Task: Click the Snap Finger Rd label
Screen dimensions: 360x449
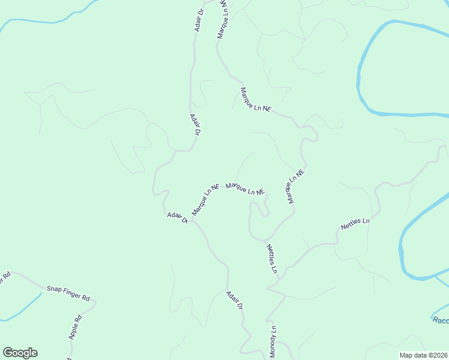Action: pyautogui.click(x=68, y=293)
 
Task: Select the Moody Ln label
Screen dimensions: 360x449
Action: pyautogui.click(x=273, y=344)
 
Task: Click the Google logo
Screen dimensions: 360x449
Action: pyautogui.click(x=20, y=353)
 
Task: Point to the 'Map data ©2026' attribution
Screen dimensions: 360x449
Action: pyautogui.click(x=424, y=355)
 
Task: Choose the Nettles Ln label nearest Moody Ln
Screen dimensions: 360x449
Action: pyautogui.click(x=272, y=259)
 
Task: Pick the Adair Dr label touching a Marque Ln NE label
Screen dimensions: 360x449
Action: pyautogui.click(x=178, y=217)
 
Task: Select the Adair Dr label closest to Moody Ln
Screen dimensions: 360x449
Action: pyautogui.click(x=234, y=300)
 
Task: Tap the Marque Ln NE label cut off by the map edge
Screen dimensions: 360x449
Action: pyautogui.click(x=222, y=19)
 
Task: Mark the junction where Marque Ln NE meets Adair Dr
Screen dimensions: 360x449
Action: pyautogui.click(x=191, y=220)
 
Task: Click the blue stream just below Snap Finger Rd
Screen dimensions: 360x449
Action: pyautogui.click(x=24, y=310)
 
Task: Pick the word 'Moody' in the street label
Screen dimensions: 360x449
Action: pyautogui.click(x=273, y=347)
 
